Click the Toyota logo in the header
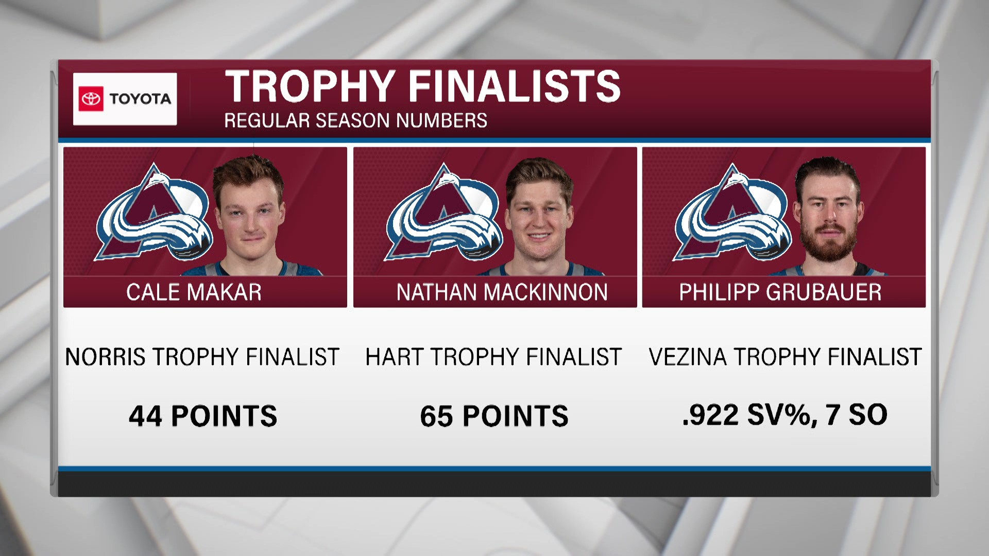click(x=125, y=99)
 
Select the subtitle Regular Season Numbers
click(x=355, y=120)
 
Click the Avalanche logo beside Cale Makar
click(x=154, y=215)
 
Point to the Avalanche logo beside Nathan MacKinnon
click(x=444, y=215)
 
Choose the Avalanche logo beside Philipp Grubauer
click(x=732, y=215)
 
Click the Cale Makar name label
click(x=194, y=292)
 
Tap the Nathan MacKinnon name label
click(x=502, y=292)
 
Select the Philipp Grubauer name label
click(x=780, y=292)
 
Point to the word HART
click(x=394, y=357)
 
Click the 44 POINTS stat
click(x=203, y=416)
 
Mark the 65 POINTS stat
click(x=494, y=416)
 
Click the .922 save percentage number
click(x=711, y=415)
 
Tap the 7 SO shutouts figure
click(x=856, y=415)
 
